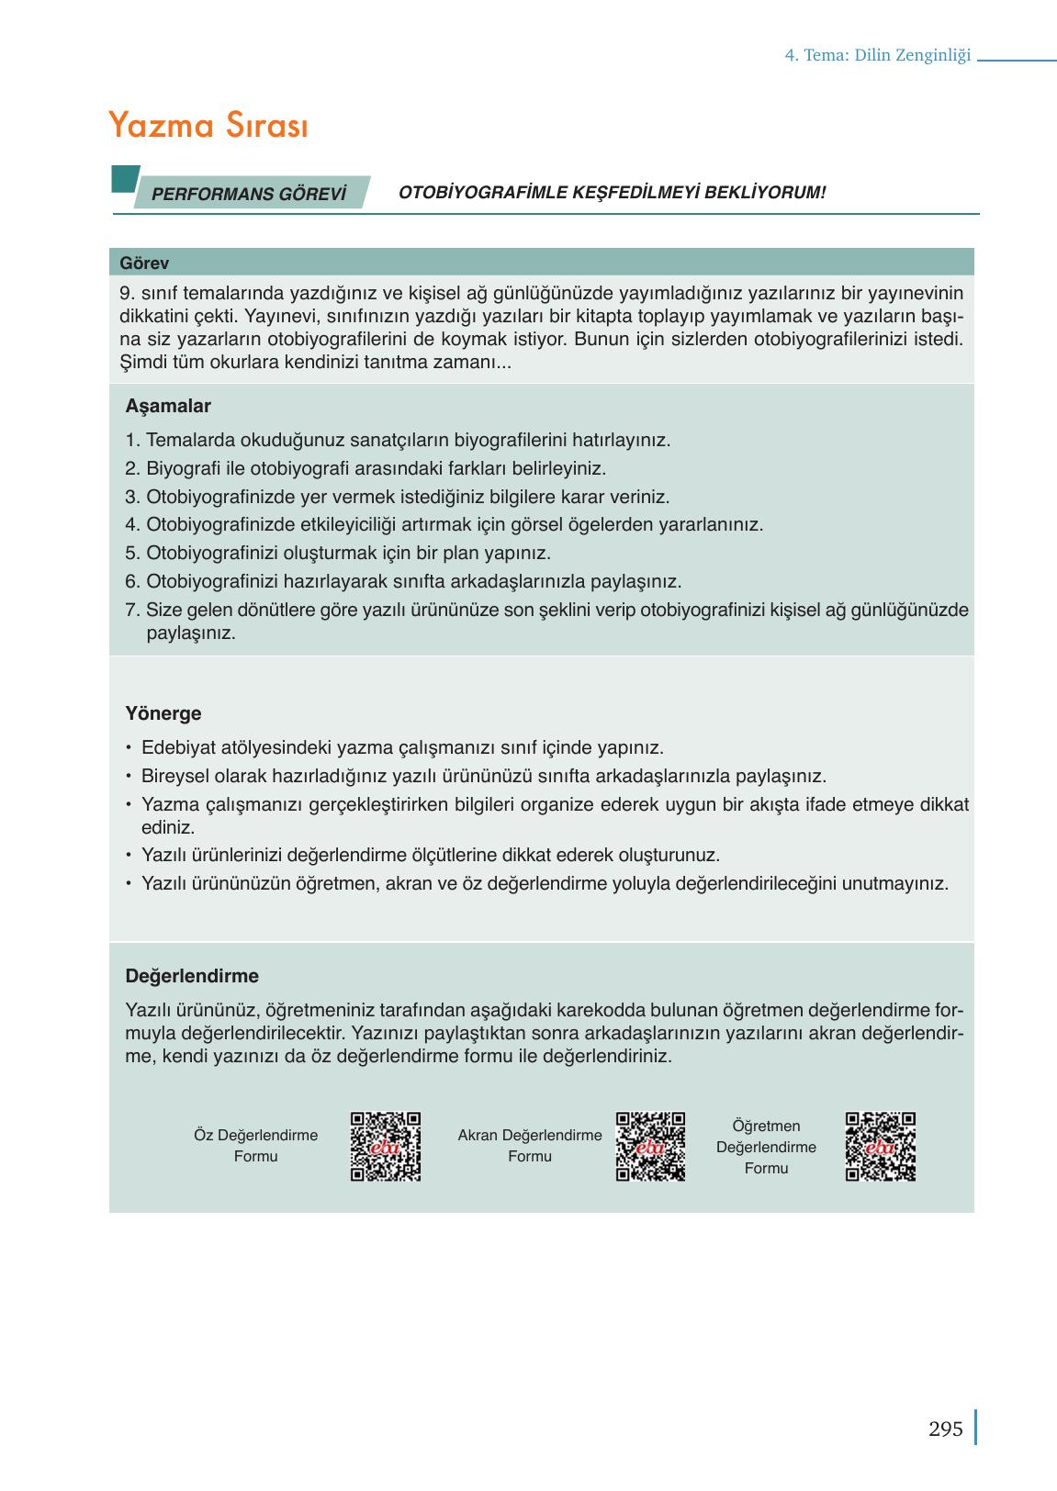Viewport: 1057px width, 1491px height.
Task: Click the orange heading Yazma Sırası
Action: tap(208, 126)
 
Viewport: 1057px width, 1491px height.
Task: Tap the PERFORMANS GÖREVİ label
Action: tap(248, 194)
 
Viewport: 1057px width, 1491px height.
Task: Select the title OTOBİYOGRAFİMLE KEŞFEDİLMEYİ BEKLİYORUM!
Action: tap(613, 193)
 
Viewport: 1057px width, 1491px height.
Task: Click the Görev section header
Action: tap(144, 263)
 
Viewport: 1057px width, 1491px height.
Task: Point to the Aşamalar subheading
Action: tap(168, 406)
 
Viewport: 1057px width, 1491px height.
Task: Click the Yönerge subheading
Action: tap(163, 713)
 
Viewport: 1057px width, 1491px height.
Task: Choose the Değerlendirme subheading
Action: tap(192, 976)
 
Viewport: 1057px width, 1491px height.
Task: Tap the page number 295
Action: tap(945, 1429)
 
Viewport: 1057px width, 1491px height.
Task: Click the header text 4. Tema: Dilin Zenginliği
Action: tap(877, 55)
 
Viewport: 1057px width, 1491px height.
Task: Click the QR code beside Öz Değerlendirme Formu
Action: tap(386, 1147)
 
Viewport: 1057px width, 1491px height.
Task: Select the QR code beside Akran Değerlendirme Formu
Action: tap(650, 1147)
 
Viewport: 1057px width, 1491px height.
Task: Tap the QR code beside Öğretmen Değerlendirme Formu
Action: tap(880, 1147)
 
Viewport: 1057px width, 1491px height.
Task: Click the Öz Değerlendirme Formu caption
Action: tap(255, 1146)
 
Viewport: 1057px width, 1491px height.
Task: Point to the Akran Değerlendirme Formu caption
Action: tap(530, 1146)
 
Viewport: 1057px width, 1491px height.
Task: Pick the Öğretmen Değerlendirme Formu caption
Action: tap(766, 1147)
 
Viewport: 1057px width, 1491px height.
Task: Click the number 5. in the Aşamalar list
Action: tap(132, 554)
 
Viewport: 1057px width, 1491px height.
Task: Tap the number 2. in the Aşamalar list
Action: tap(132, 469)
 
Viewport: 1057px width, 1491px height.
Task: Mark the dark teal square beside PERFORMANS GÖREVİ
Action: tap(124, 179)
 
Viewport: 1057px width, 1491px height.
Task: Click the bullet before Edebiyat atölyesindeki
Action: tap(129, 748)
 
